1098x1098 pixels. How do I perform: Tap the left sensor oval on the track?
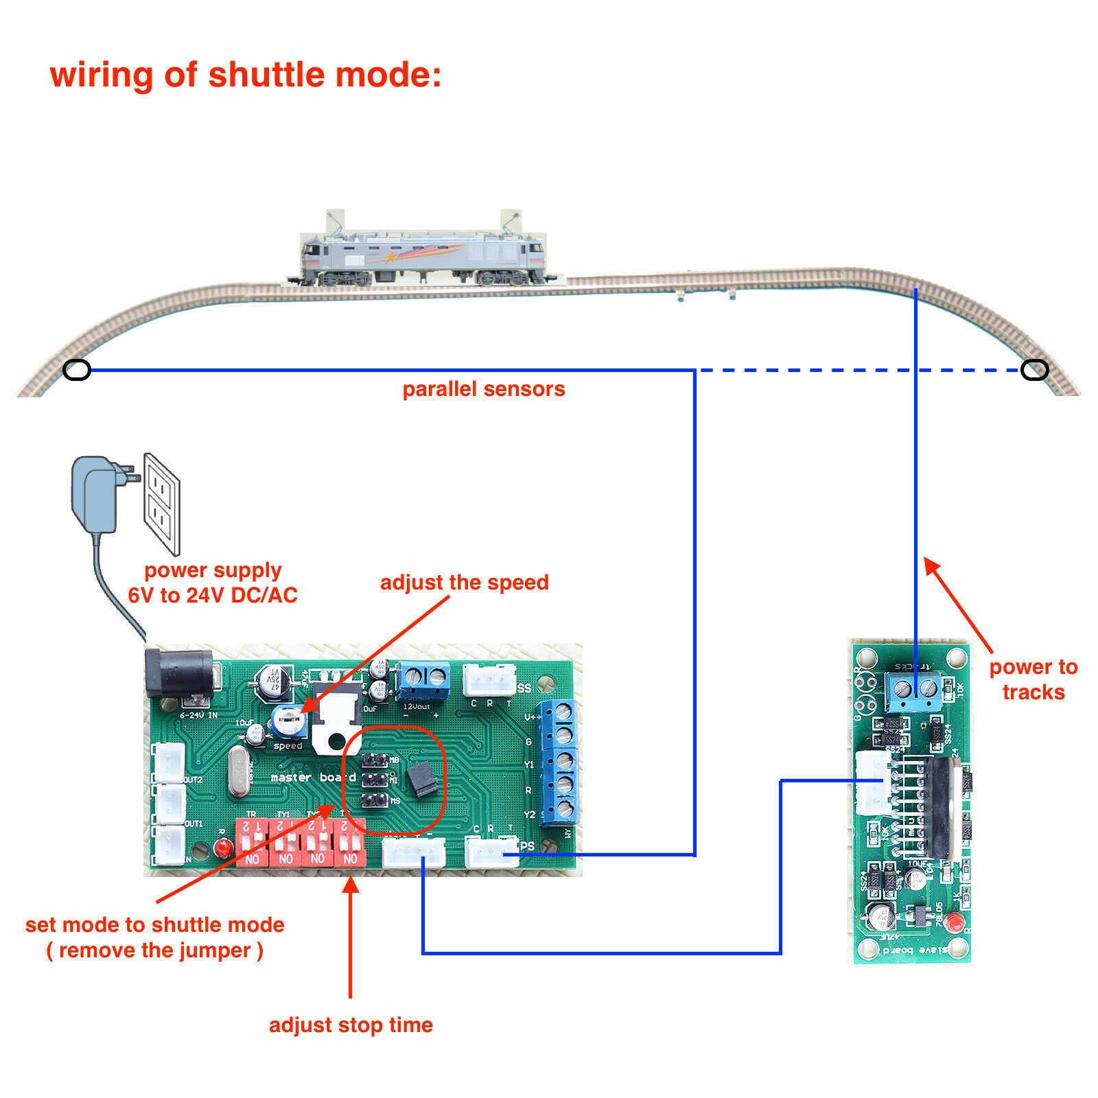[x=76, y=371]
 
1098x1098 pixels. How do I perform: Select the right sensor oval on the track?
[x=1034, y=371]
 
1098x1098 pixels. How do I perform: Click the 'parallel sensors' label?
[x=483, y=389]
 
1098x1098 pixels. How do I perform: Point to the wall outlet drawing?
[x=163, y=503]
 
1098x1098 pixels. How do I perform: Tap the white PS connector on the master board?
[x=491, y=853]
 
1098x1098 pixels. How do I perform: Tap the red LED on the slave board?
[x=951, y=921]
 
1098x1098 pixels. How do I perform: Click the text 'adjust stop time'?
[x=351, y=1025]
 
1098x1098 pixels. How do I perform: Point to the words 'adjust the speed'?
[x=464, y=583]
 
